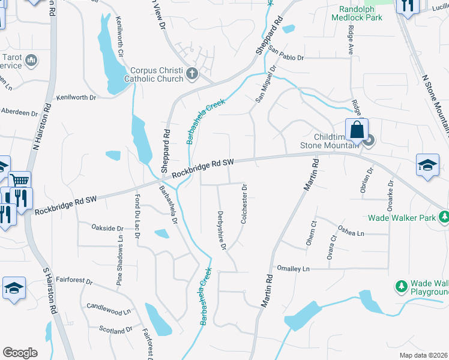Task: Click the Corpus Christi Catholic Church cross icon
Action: coord(192,74)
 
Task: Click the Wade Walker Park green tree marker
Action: coord(444,215)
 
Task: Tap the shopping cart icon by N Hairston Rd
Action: coord(20,179)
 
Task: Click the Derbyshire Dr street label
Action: coord(221,230)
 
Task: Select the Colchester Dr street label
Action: coord(244,204)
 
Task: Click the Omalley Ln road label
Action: coord(292,268)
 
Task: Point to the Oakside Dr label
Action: coord(107,228)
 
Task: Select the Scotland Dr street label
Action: coord(116,330)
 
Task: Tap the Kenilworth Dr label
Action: coord(76,97)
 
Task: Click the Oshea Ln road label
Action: coord(351,230)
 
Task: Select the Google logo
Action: coord(20,353)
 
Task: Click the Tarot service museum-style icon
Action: coord(31,60)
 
